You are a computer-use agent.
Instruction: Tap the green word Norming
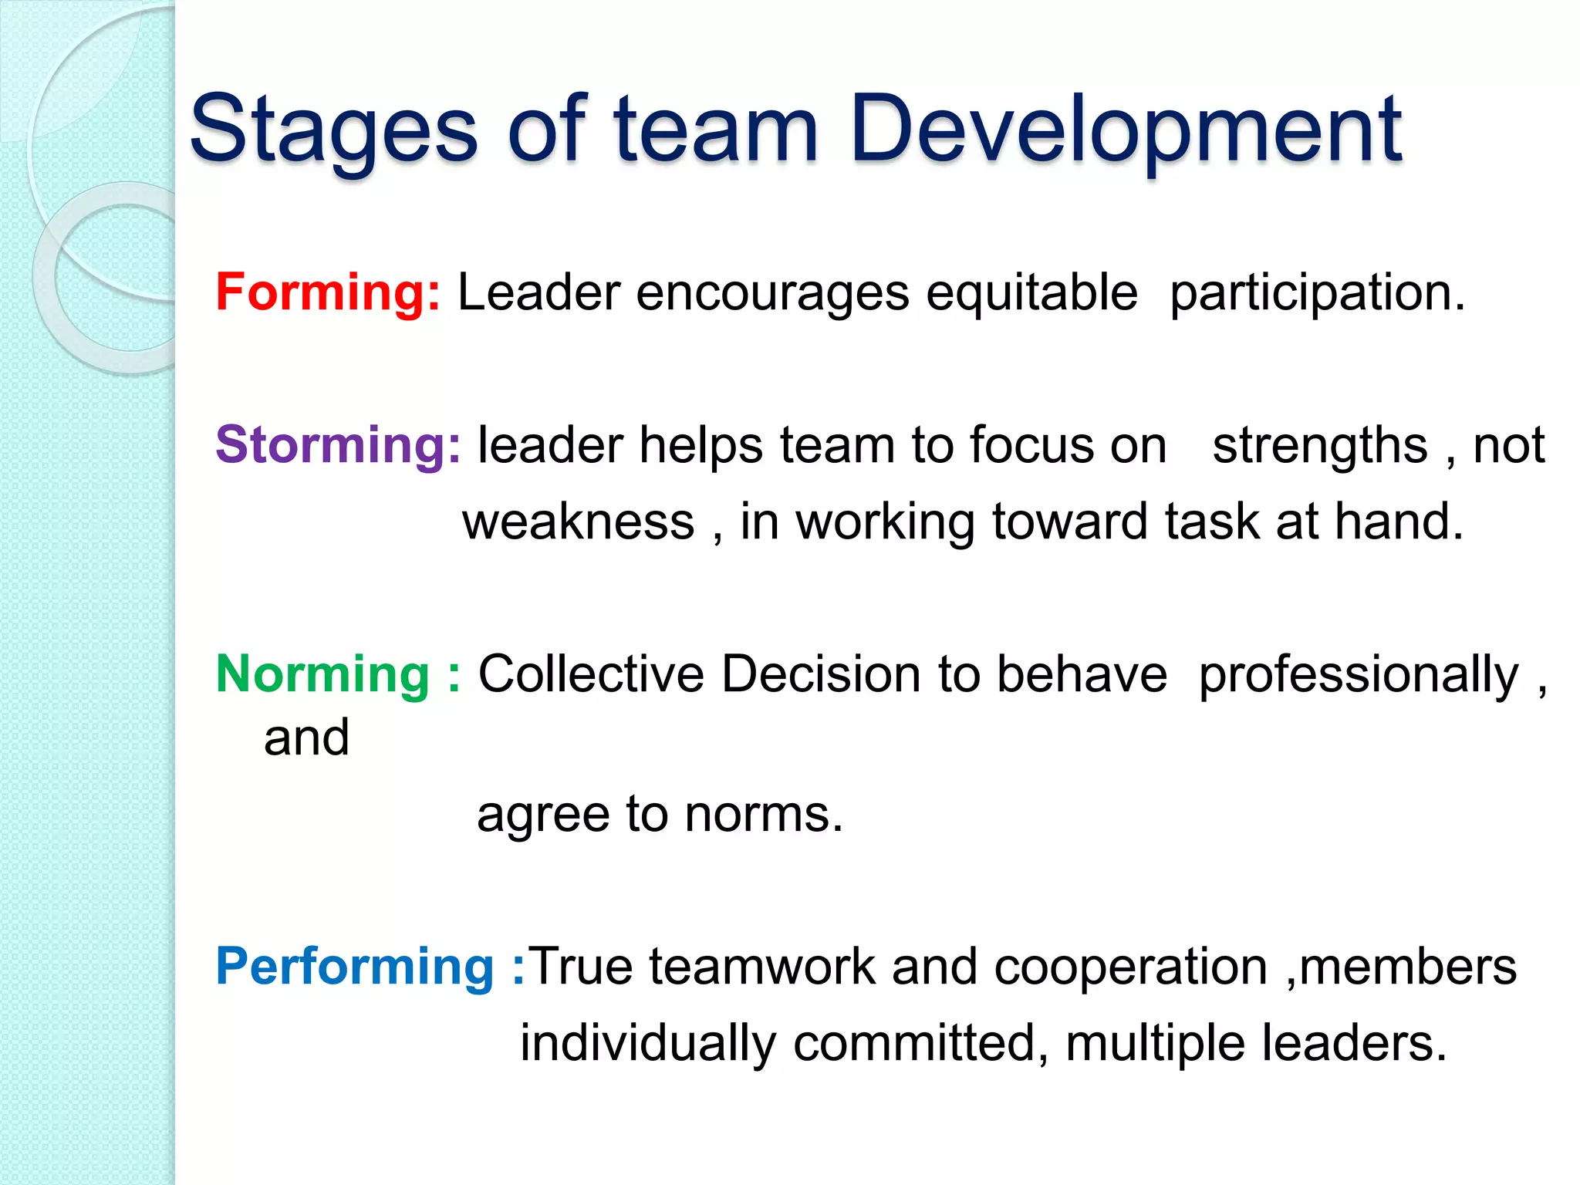click(x=322, y=674)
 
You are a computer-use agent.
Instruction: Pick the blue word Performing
click(x=354, y=967)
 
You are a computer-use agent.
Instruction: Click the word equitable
click(x=1031, y=292)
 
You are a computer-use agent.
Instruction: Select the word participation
click(x=1317, y=294)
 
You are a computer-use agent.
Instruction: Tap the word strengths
click(x=1320, y=445)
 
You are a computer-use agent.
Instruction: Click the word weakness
click(x=579, y=522)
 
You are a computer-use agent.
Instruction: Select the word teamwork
click(x=762, y=967)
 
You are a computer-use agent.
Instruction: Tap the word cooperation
click(x=1130, y=967)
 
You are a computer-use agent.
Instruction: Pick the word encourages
click(x=772, y=294)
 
